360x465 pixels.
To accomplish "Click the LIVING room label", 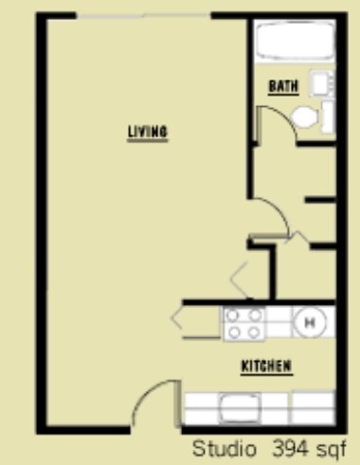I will click(x=148, y=132).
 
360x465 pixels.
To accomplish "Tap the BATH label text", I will click(x=283, y=86).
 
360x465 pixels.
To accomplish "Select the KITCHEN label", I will click(x=265, y=366).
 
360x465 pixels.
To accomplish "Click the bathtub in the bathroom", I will click(x=290, y=42).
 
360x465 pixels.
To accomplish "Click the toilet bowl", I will click(x=305, y=118).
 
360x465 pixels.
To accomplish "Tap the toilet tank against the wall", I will click(x=328, y=118).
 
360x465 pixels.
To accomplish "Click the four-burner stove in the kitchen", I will click(x=243, y=324).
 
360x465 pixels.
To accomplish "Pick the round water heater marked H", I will click(x=309, y=323).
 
